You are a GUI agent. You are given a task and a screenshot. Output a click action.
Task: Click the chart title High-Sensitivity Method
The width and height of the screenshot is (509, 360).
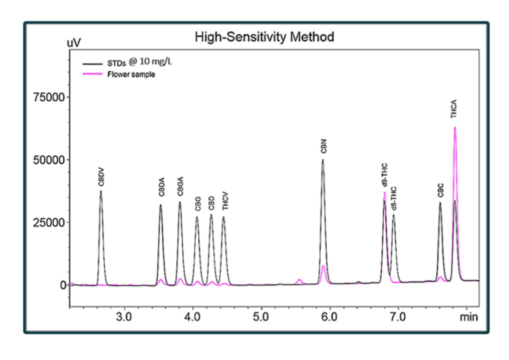[x=264, y=37]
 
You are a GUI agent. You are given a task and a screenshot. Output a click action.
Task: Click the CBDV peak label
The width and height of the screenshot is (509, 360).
[x=101, y=177]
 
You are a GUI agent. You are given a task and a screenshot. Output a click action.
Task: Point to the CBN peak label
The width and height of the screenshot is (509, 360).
[x=323, y=148]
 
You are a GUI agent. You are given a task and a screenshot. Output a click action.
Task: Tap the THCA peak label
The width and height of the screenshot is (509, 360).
[x=454, y=109]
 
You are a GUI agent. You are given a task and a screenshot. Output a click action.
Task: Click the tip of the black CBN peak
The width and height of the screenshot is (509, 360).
[x=323, y=160]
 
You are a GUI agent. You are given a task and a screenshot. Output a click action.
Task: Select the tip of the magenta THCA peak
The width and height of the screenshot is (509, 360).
[x=455, y=127]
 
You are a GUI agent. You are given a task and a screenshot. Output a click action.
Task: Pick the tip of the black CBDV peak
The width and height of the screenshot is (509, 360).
[x=101, y=191]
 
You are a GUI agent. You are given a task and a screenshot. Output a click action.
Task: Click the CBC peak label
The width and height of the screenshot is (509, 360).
[x=440, y=191]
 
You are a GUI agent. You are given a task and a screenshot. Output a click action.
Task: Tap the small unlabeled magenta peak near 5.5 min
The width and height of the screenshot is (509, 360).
[x=299, y=279]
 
